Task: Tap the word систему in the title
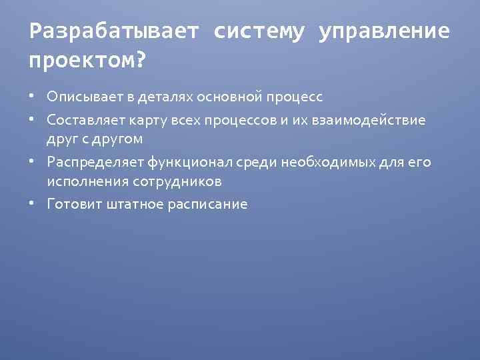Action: (259, 31)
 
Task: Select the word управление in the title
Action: (384, 31)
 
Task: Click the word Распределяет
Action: (89, 161)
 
